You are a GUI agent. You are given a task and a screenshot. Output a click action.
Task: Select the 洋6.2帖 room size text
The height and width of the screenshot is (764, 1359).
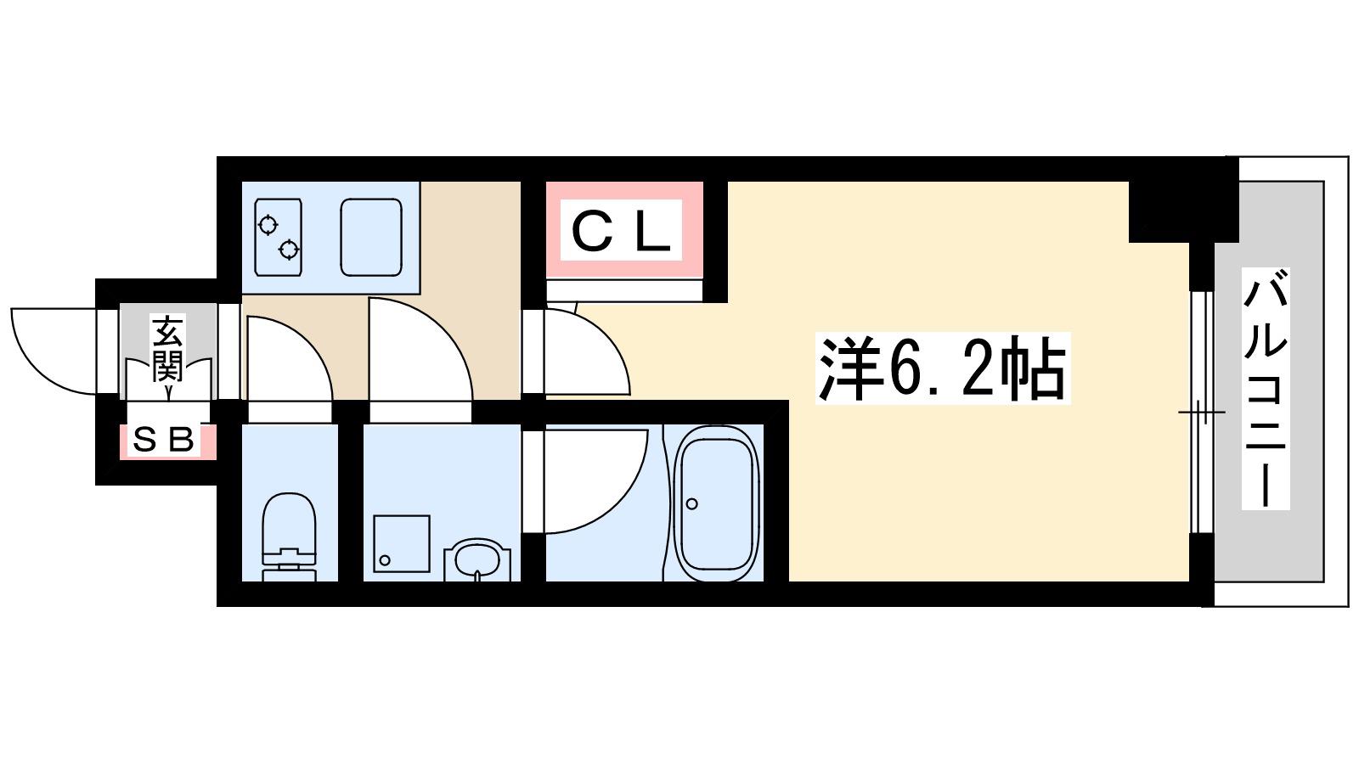942,368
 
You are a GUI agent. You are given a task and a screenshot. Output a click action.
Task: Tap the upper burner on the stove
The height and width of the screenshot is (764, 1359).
268,225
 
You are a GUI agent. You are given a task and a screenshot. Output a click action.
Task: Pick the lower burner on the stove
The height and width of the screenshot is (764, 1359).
289,249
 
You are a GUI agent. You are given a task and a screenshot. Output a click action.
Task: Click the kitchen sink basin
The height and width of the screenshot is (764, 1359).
371,237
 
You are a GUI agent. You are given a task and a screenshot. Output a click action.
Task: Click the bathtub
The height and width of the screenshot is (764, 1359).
717,503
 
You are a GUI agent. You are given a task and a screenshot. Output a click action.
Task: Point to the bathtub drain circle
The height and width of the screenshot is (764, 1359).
691,503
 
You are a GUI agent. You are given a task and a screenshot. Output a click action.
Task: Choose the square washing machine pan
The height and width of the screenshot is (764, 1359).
402,543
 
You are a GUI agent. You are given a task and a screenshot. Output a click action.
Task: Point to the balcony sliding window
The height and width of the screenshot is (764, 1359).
1201,413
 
